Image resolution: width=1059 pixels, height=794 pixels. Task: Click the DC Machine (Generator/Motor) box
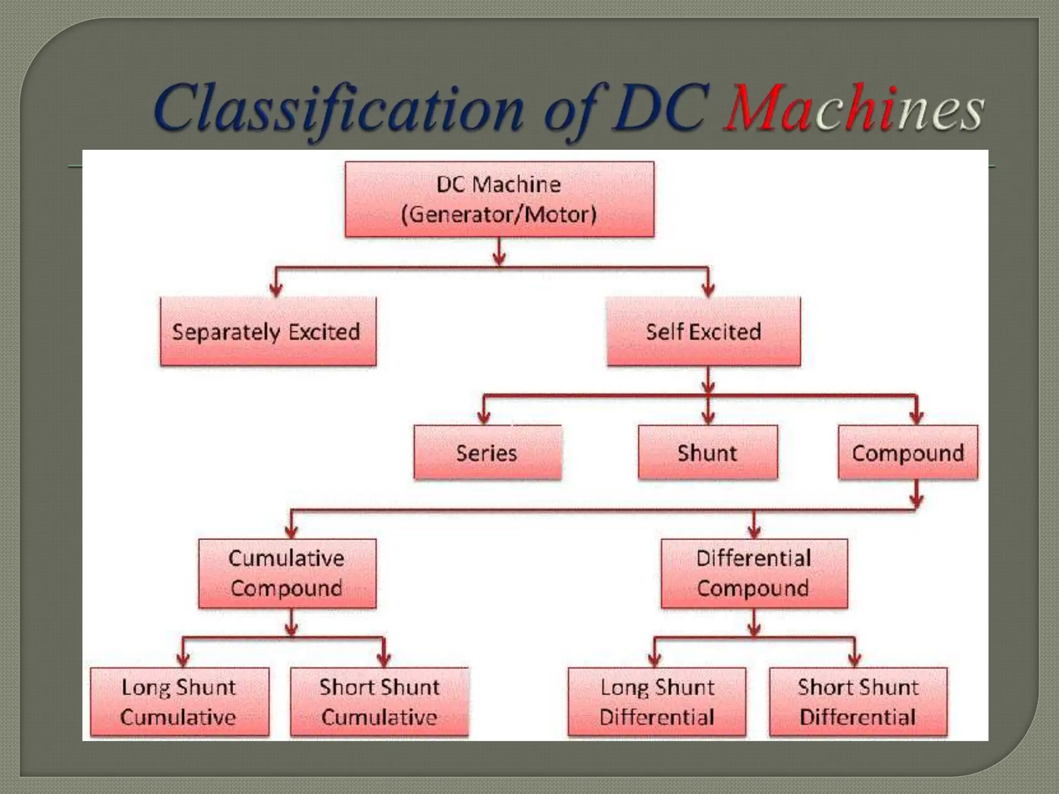coord(499,200)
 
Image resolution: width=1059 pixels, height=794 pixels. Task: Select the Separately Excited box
coord(268,331)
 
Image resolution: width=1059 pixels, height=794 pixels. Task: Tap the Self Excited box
coord(703,331)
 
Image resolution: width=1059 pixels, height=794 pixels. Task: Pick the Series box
coord(487,453)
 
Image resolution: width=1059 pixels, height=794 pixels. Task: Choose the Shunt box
coord(707,453)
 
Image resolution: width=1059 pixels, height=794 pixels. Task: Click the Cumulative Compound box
coord(287,573)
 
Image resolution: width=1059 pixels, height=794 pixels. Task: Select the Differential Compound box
coord(754,573)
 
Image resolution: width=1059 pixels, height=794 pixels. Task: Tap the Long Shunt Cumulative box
coord(179,702)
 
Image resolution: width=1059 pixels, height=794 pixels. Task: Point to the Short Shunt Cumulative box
coord(380,702)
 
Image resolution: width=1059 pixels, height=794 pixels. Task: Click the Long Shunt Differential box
coord(657,702)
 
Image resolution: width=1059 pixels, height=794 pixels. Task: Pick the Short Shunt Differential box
coord(858,702)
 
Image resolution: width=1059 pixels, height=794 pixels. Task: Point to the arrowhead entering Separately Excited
coord(276,291)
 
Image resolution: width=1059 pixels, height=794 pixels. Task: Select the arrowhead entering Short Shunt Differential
coord(854,660)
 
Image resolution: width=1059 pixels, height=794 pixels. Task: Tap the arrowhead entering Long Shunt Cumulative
coord(183,660)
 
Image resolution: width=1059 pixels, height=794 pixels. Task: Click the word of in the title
coord(571,111)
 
